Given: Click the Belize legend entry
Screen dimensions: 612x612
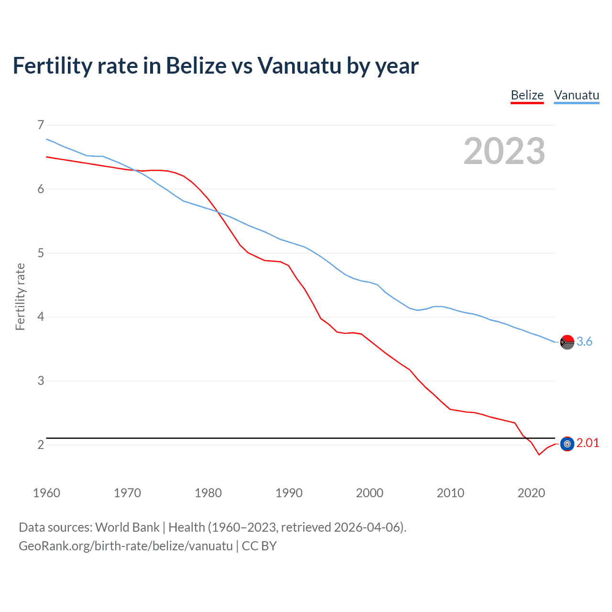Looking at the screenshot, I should [x=527, y=95].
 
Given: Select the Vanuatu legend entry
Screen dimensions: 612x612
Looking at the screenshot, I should [x=576, y=95].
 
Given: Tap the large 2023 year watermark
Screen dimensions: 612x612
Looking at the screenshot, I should [x=504, y=151].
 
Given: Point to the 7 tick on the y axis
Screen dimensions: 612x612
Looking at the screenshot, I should [x=41, y=125].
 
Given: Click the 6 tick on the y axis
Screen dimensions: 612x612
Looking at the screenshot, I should [x=41, y=189].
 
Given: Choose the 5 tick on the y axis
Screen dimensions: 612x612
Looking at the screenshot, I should [x=41, y=253].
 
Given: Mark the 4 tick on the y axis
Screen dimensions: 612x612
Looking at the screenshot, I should [x=41, y=317].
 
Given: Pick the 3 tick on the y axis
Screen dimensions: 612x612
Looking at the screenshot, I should [x=41, y=381].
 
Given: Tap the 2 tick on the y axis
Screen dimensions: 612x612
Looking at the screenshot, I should [x=41, y=445].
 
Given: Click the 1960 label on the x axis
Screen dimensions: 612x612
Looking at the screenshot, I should [x=46, y=493].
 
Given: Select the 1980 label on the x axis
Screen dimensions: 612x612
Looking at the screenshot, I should [x=208, y=493].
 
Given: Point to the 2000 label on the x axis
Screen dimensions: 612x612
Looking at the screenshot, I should [x=370, y=493].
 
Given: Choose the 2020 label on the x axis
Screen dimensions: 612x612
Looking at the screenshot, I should [x=531, y=493].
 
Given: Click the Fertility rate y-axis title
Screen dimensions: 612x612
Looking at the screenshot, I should [x=20, y=296].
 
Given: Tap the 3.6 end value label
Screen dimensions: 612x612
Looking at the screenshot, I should [x=584, y=341].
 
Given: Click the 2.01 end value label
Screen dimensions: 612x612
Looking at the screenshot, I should [x=588, y=443].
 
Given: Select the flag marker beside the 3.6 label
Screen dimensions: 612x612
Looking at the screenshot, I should [x=567, y=342].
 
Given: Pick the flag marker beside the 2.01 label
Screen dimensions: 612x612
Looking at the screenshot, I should [x=567, y=444].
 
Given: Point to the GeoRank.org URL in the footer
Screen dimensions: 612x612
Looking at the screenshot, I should [x=126, y=546].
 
